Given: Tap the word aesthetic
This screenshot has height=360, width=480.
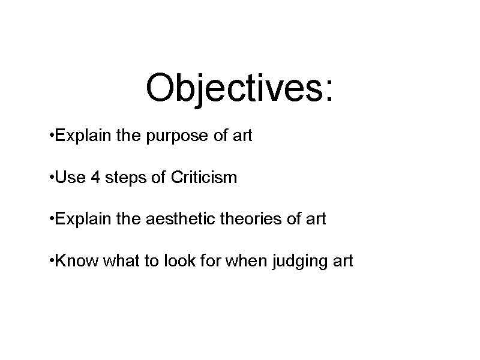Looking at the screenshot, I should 175,219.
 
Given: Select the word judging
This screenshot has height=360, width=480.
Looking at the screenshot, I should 300,261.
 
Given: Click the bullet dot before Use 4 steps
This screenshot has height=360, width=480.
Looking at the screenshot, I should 55,178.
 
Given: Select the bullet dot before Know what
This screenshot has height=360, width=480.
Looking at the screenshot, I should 55,261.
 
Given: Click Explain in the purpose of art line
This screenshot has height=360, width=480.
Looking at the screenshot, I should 82,136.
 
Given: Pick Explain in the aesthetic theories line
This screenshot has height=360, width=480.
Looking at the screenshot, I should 82,219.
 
